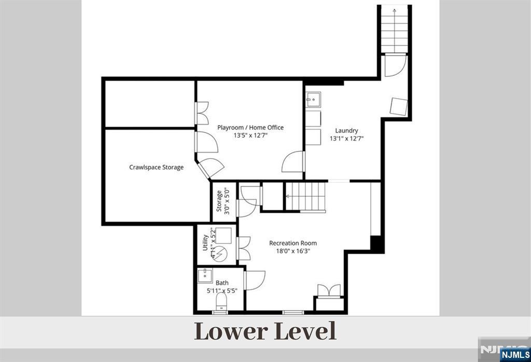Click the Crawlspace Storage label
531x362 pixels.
156,167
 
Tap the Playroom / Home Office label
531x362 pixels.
250,128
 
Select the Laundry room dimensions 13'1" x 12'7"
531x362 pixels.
346,139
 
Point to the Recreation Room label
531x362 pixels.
293,243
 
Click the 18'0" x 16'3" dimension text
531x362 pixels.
293,251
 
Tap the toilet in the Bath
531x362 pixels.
221,301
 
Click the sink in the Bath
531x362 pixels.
205,275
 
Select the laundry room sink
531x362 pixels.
313,100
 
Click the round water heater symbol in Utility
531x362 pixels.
220,253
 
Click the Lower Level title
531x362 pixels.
265,331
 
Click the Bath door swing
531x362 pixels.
255,280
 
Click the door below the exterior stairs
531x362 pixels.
396,65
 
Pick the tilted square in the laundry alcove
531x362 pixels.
399,106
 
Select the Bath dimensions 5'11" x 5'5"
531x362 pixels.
222,291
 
